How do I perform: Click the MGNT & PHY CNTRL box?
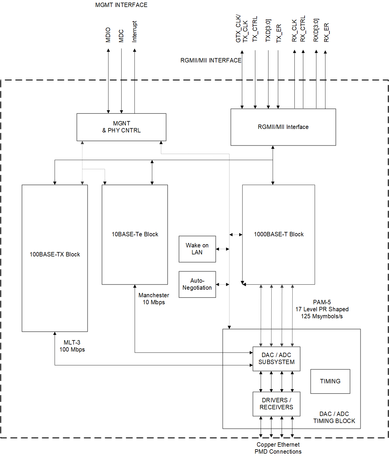pyautogui.click(x=121, y=127)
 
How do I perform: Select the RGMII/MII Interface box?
pyautogui.click(x=283, y=127)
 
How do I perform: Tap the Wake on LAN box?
pyautogui.click(x=197, y=249)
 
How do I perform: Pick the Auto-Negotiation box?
pyautogui.click(x=197, y=284)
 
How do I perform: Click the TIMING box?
pyautogui.click(x=330, y=381)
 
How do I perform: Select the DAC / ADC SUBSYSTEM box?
pyautogui.click(x=276, y=359)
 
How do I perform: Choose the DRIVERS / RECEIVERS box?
pyautogui.click(x=276, y=404)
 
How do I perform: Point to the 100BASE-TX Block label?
pyautogui.click(x=55, y=254)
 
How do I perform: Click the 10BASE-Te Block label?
pyautogui.click(x=135, y=234)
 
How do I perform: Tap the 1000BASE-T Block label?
pyautogui.click(x=279, y=234)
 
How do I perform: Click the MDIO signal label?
pyautogui.click(x=108, y=35)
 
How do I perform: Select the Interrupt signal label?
pyautogui.click(x=134, y=32)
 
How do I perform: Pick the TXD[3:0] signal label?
pyautogui.click(x=268, y=31)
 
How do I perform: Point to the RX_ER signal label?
pyautogui.click(x=327, y=32)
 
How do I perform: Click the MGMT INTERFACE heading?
pyautogui.click(x=121, y=5)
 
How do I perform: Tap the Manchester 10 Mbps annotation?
pyautogui.click(x=154, y=299)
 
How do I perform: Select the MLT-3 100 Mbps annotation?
pyautogui.click(x=72, y=346)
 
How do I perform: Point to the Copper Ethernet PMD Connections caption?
pyautogui.click(x=278, y=448)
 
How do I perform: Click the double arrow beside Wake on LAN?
pyautogui.click(x=223, y=249)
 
